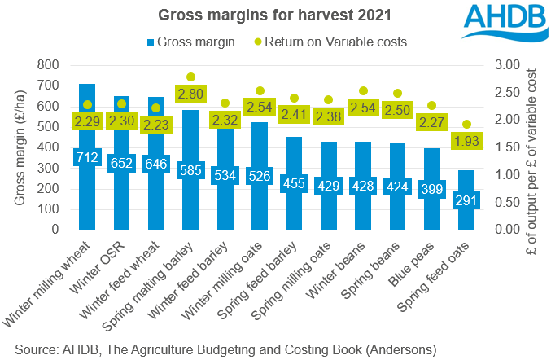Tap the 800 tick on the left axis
tap(50, 65)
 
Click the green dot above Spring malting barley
tap(191, 77)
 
